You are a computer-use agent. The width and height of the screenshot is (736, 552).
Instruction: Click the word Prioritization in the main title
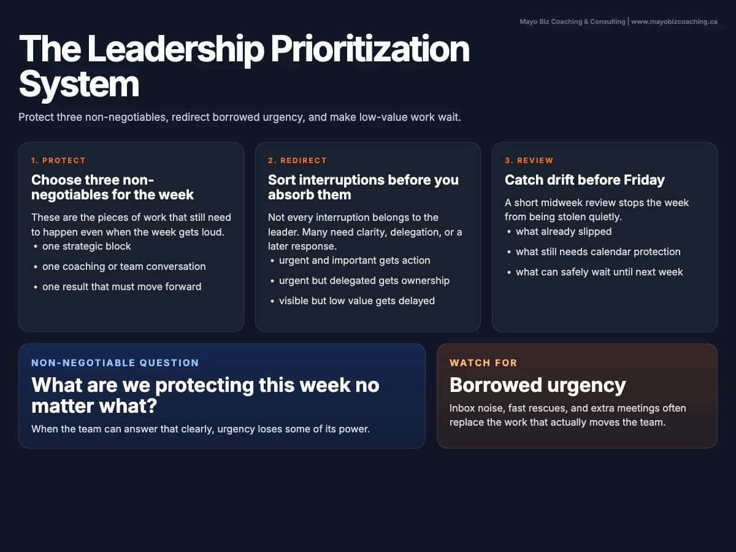click(370, 50)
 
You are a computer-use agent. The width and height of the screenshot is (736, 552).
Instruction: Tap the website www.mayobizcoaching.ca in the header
click(674, 21)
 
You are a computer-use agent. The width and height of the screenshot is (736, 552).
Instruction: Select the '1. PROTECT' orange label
click(58, 161)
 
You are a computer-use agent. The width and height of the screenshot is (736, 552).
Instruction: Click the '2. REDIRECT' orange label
click(297, 161)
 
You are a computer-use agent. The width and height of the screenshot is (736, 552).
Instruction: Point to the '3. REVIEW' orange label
click(529, 161)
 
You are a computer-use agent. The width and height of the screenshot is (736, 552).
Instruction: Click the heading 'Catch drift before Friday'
click(585, 180)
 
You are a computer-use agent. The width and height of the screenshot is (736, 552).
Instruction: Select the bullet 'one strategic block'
click(86, 246)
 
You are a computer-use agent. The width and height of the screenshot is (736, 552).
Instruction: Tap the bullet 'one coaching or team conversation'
click(124, 266)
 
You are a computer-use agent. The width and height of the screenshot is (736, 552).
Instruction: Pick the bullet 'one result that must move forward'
click(121, 286)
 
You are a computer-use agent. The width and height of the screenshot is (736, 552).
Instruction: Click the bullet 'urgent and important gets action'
click(355, 260)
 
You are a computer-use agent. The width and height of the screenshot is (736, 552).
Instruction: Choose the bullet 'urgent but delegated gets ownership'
click(364, 280)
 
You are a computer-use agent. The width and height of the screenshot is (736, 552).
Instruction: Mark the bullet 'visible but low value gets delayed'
click(357, 301)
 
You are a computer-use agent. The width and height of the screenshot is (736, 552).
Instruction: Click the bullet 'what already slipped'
click(564, 231)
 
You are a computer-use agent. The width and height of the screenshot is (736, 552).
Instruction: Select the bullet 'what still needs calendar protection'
click(598, 251)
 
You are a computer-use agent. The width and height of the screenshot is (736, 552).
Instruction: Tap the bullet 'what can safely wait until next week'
click(599, 272)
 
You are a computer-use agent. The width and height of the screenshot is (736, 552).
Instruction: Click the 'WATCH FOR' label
click(483, 362)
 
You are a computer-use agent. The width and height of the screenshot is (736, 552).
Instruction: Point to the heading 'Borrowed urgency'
click(537, 385)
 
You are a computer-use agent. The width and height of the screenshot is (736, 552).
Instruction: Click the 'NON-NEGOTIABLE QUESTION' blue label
click(115, 362)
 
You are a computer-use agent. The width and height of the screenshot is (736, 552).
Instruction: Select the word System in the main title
click(79, 85)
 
